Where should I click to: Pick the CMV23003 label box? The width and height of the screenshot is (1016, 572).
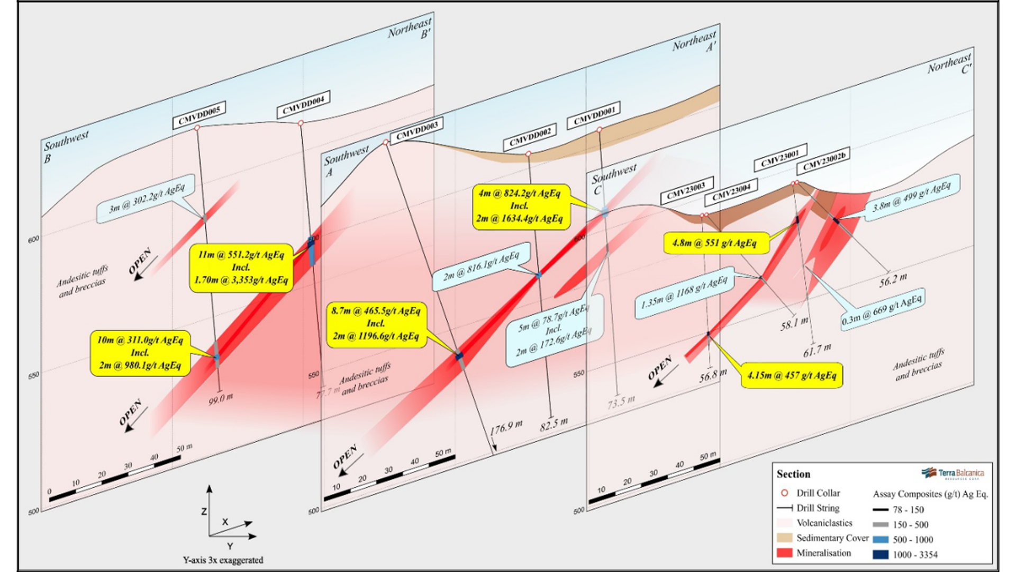(686, 191)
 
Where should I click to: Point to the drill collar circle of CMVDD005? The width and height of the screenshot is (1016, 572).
(197, 128)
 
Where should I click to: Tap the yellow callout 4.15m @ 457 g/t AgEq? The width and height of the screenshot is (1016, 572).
(792, 376)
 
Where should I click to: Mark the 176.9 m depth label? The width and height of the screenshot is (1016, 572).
(506, 427)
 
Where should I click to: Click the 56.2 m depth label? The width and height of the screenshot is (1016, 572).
(893, 280)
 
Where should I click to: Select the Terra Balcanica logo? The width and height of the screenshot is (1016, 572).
(952, 473)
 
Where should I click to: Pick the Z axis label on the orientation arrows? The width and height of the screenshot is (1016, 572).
(204, 512)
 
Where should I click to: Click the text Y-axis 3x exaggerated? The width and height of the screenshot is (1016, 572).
(223, 560)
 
